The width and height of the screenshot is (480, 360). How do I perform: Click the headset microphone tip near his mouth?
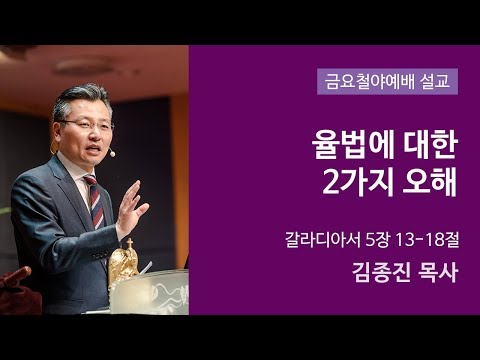coord(112,154)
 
